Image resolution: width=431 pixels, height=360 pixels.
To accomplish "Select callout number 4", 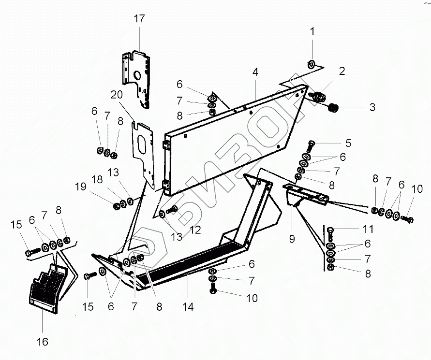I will [255, 72].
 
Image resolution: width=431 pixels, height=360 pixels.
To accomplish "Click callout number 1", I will [312, 32].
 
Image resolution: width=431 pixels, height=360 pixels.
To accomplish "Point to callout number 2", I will [342, 72].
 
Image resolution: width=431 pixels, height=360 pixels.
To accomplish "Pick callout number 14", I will [188, 306].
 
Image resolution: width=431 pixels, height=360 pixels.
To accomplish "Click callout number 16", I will [43, 342].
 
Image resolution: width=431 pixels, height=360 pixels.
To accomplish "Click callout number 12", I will [194, 231].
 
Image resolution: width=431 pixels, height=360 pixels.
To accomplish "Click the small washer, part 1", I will [312, 63].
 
